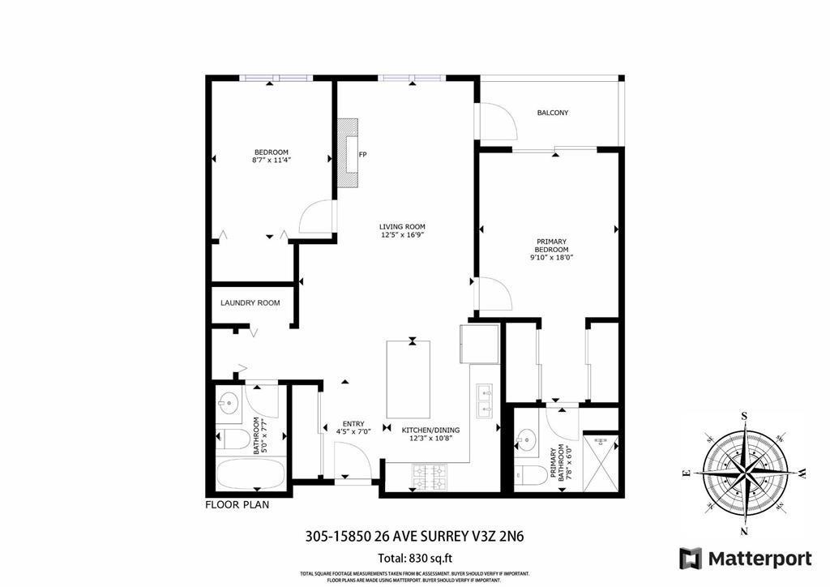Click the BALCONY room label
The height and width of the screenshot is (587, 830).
(552, 113)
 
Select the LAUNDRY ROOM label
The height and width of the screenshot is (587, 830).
(250, 302)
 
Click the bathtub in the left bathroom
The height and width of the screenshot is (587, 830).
(250, 473)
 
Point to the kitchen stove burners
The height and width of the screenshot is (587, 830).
(430, 477)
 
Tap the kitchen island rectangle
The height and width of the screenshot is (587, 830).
(412, 379)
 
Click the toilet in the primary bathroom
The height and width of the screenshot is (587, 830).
(531, 475)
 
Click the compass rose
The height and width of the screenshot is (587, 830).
(744, 472)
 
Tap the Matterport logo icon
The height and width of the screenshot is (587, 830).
(690, 558)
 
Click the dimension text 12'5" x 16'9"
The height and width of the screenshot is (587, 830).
(403, 235)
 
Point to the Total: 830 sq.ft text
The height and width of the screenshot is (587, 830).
(414, 557)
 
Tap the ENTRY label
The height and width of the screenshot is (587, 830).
(353, 423)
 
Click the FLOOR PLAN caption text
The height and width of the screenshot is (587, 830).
(237, 503)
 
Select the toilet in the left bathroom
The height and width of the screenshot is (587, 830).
(233, 439)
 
